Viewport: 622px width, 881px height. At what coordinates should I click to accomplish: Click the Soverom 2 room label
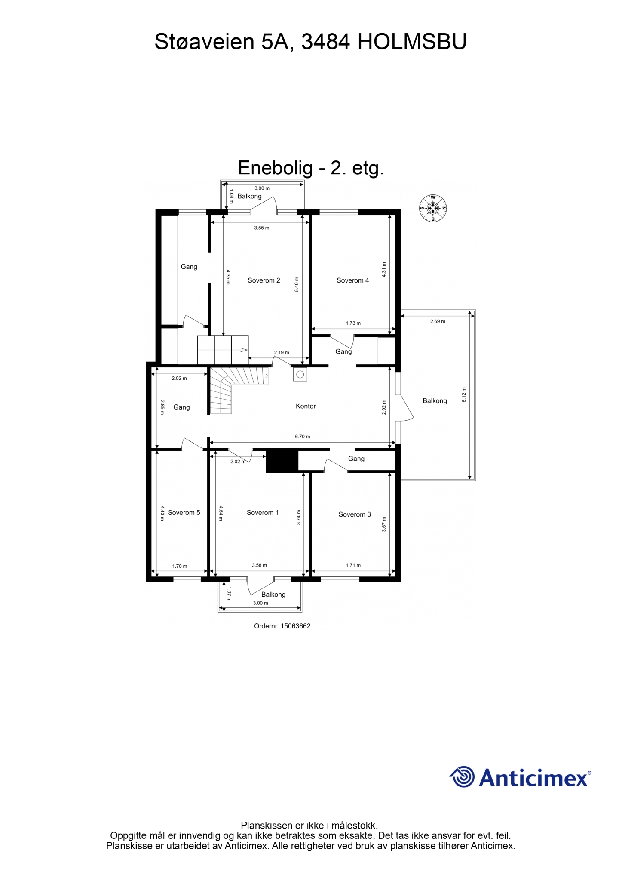[264, 280]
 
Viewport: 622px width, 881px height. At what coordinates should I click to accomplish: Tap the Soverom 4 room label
[352, 280]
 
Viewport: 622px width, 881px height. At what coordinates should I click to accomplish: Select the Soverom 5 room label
[184, 513]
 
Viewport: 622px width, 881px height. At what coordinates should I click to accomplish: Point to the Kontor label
[306, 406]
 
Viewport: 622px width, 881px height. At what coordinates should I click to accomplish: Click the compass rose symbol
[433, 209]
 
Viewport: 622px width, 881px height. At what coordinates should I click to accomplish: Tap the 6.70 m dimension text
[302, 437]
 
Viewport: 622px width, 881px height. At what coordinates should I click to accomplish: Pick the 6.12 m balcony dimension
[464, 394]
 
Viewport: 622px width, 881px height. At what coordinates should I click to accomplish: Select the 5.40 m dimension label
[297, 284]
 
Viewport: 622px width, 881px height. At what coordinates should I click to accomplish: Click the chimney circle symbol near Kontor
[300, 374]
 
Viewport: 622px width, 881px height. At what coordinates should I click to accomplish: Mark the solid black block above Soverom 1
[282, 461]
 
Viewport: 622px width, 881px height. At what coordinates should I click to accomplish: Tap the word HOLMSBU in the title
[412, 42]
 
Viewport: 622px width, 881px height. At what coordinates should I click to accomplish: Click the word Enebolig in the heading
[276, 168]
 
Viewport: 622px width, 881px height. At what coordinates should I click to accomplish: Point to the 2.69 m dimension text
[438, 321]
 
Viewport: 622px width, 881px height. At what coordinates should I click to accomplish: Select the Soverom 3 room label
[355, 514]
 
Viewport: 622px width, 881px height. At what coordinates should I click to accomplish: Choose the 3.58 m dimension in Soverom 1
[259, 565]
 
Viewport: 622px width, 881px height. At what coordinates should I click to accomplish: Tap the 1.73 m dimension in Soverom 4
[353, 323]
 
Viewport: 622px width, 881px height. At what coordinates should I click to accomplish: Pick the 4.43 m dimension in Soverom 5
[162, 513]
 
